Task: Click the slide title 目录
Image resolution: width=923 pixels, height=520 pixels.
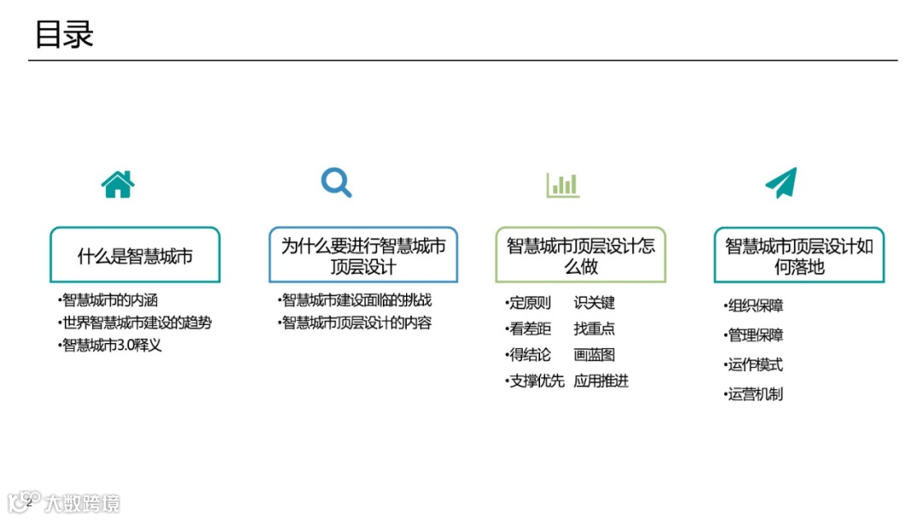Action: pyautogui.click(x=64, y=35)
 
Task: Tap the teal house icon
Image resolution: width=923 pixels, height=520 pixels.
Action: pyautogui.click(x=118, y=184)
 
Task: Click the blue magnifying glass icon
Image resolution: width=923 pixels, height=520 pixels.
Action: pyautogui.click(x=336, y=182)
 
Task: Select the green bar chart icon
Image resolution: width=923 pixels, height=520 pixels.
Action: pyautogui.click(x=562, y=185)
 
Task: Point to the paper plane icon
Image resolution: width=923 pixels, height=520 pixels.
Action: pyautogui.click(x=780, y=183)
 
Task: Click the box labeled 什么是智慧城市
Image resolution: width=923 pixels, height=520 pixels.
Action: pyautogui.click(x=135, y=255)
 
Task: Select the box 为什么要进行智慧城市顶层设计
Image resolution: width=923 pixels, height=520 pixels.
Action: pyautogui.click(x=363, y=255)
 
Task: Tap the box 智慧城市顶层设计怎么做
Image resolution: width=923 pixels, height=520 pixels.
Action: pyautogui.click(x=580, y=255)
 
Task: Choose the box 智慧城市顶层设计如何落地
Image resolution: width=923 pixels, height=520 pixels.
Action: pyautogui.click(x=799, y=255)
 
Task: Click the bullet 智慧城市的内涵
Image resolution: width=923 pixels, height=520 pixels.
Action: pyautogui.click(x=109, y=300)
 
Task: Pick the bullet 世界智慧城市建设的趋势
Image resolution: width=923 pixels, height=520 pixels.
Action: pyautogui.click(x=136, y=323)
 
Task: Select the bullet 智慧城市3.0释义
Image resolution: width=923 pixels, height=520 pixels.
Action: pyautogui.click(x=111, y=346)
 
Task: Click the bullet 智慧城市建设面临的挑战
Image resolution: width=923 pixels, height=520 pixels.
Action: pyautogui.click(x=356, y=300)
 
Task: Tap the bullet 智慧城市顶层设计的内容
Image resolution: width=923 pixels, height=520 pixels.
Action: pyautogui.click(x=356, y=323)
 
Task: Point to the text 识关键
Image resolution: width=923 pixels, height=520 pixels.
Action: pyautogui.click(x=594, y=303)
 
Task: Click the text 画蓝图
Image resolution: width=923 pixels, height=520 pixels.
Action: pyautogui.click(x=594, y=355)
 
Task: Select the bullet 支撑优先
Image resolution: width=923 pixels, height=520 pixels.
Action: pyautogui.click(x=537, y=381)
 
